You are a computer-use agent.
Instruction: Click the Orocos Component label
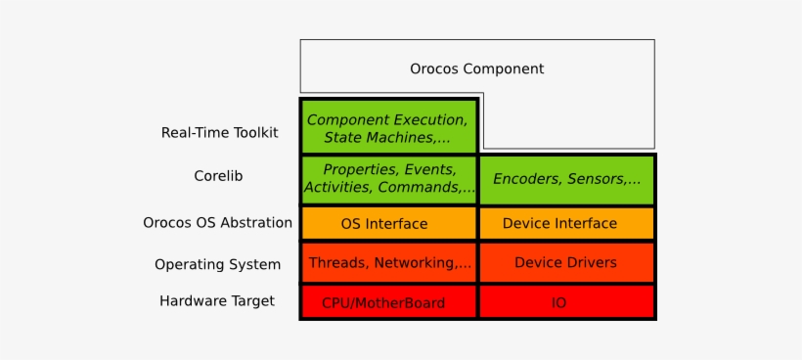[x=476, y=68]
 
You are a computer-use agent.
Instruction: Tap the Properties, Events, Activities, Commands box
[x=388, y=180]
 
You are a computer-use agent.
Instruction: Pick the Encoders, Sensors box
[x=566, y=180]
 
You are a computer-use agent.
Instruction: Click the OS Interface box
[x=388, y=223]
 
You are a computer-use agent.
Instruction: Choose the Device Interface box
[x=566, y=223]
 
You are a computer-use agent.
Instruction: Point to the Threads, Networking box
[x=388, y=263]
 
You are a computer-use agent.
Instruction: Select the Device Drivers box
[x=566, y=263]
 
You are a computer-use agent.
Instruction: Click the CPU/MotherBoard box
[x=388, y=301]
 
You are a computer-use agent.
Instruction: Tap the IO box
[x=566, y=301]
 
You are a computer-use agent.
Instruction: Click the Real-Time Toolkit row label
[x=220, y=132]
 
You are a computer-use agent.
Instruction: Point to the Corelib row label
[x=218, y=176]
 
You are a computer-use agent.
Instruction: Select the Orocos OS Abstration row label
[x=218, y=223]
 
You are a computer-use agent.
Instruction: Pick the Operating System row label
[x=218, y=265]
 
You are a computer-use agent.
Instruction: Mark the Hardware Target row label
[x=217, y=300]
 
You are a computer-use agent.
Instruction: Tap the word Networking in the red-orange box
[x=415, y=263]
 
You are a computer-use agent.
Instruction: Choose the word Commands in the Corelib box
[x=419, y=187]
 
